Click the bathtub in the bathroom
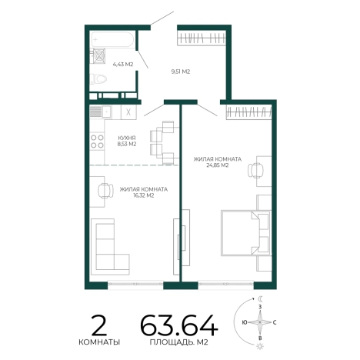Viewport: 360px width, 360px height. [x=112, y=39]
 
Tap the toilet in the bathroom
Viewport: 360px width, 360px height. [x=98, y=78]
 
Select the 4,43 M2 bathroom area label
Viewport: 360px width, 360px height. [x=123, y=64]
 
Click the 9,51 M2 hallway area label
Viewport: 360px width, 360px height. [x=181, y=72]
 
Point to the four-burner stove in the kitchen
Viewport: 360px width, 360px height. [x=97, y=142]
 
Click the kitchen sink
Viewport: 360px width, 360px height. [x=107, y=112]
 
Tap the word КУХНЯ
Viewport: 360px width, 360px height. [x=127, y=138]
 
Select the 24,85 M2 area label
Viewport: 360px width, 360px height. [x=218, y=165]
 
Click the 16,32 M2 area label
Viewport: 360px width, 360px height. [x=144, y=195]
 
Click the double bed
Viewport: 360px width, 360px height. [x=246, y=233]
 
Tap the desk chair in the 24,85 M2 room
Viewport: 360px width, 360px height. [x=255, y=170]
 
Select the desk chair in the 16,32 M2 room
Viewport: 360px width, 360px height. [x=105, y=191]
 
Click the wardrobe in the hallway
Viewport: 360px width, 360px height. [x=202, y=38]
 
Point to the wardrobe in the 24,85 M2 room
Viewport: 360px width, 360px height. [x=248, y=112]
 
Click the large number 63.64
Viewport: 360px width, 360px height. [x=179, y=325]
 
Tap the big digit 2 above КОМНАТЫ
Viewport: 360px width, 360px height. [x=99, y=325]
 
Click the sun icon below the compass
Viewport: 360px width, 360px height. [x=260, y=346]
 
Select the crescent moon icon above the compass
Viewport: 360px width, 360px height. [x=261, y=298]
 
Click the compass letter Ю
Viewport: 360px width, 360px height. [x=245, y=322]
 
